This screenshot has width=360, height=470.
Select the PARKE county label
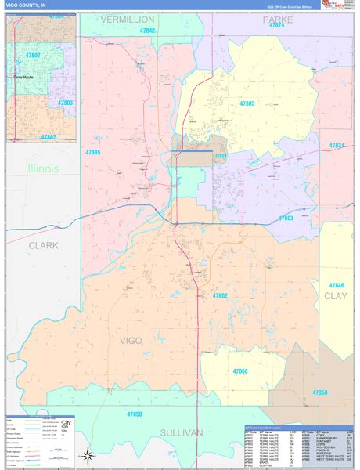pyautogui.click(x=277, y=19)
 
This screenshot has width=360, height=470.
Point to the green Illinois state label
pyautogui.click(x=42, y=169)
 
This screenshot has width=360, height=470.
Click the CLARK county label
pyautogui.click(x=43, y=245)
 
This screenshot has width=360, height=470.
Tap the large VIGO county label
pyautogui.click(x=131, y=340)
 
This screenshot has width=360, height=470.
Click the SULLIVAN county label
pyautogui.click(x=182, y=432)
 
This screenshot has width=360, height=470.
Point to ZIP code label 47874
pyautogui.click(x=276, y=26)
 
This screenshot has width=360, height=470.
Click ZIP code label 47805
pyautogui.click(x=247, y=103)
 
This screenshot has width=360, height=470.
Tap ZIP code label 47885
pyautogui.click(x=93, y=152)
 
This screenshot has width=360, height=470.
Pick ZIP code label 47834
pyautogui.click(x=337, y=146)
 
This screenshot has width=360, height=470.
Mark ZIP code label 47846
pyautogui.click(x=337, y=285)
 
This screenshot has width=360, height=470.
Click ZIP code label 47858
pyautogui.click(x=320, y=392)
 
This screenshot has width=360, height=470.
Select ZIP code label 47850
pyautogui.click(x=135, y=413)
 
